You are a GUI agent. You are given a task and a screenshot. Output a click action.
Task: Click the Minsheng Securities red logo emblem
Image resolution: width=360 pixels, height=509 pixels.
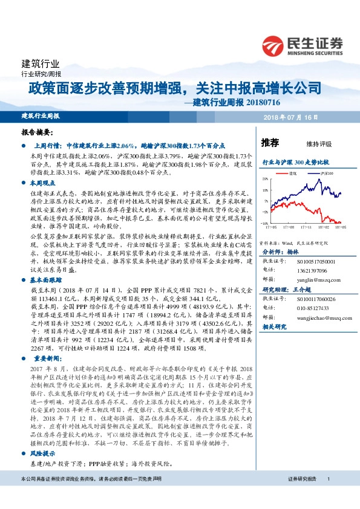273,45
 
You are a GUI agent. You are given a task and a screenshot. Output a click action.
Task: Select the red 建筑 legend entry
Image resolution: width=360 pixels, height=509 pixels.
291,173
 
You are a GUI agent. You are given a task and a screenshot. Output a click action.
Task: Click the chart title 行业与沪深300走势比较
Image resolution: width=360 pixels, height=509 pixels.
295,163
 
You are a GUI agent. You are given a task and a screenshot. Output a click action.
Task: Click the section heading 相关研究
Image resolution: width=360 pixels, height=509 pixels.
275,326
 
